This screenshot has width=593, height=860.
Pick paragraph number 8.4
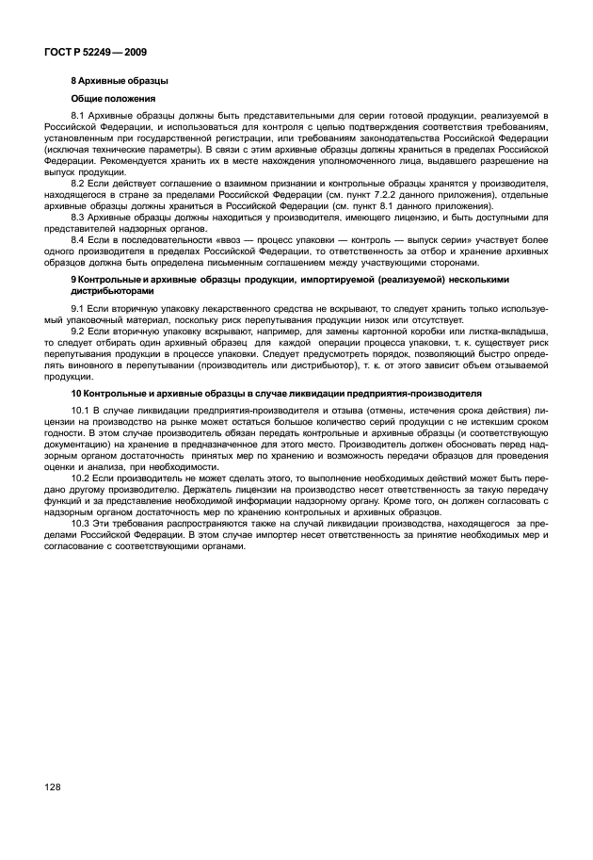click(x=79, y=241)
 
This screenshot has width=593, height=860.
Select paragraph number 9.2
click(x=79, y=333)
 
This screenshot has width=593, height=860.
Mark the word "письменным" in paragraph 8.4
click(x=251, y=264)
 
